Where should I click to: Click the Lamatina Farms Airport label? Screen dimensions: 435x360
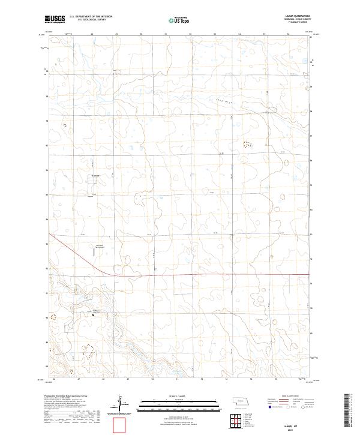pos(100,247)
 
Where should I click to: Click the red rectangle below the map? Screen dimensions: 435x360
pos(120,425)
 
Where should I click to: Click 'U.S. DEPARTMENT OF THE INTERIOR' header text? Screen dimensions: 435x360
pos(91,17)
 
